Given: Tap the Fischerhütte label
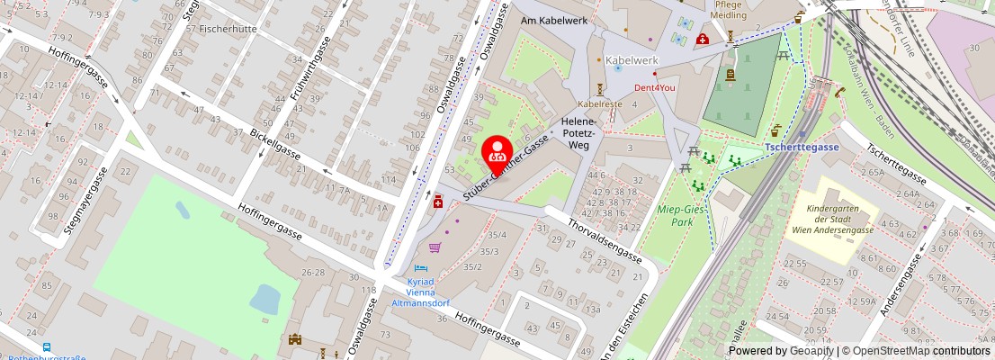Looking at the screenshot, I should tap(220, 29).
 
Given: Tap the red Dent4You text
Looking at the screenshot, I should tap(654, 87).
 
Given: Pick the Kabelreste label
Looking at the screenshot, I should tap(600, 103).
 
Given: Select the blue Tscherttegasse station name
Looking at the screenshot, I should tap(802, 147).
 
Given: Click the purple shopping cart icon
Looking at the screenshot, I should tap(435, 247).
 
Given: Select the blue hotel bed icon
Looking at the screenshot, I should tap(417, 268).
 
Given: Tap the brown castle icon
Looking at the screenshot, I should tap(293, 340).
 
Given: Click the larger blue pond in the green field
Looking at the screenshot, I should tap(265, 299).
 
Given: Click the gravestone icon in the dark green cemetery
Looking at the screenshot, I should tap(730, 77).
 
